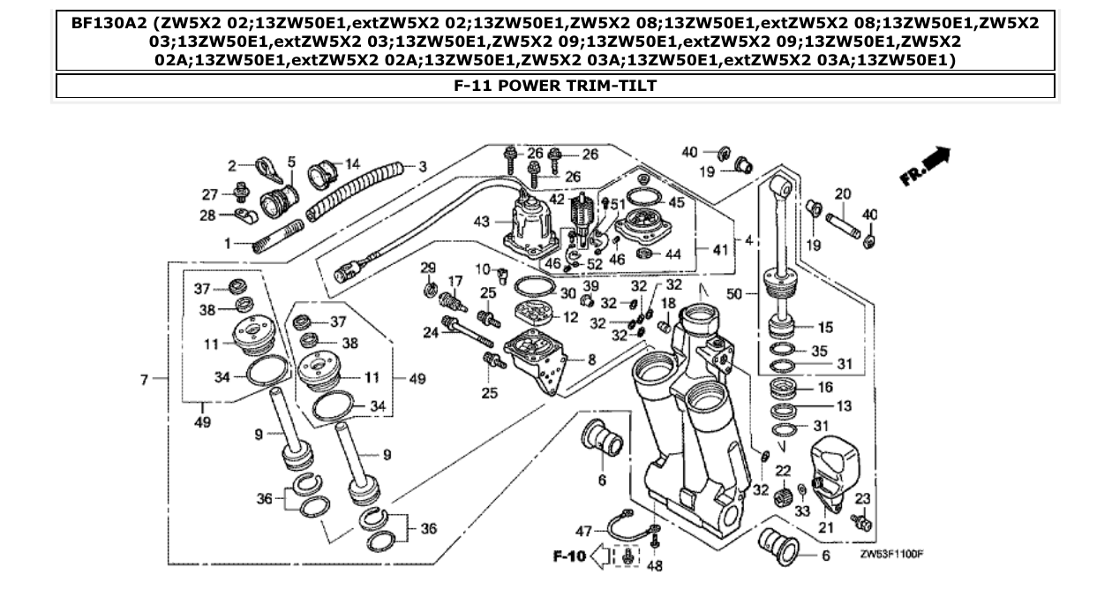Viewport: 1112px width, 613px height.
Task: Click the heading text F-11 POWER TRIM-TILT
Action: (x=555, y=86)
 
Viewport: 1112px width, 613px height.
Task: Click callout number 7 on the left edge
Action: (x=145, y=380)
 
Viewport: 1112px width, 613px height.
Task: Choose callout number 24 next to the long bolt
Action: (x=431, y=332)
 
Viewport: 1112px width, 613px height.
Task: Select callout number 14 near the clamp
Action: (x=352, y=164)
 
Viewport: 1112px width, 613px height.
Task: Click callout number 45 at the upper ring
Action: (x=677, y=202)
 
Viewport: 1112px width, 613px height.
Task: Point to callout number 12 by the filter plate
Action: (x=570, y=317)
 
